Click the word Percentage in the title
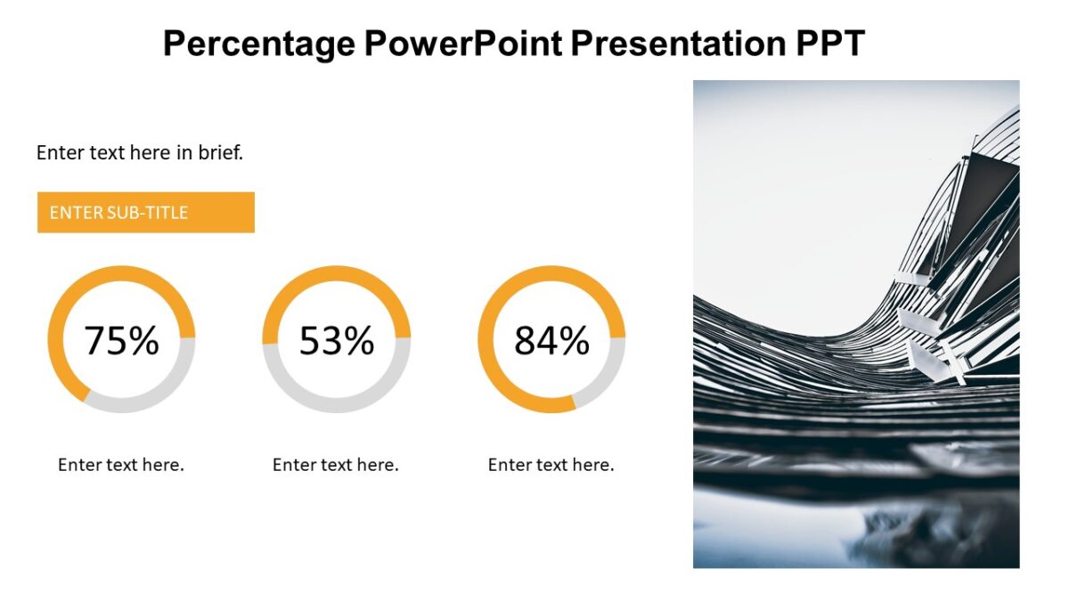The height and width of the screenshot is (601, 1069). tap(257, 43)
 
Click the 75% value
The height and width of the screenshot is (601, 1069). tap(121, 340)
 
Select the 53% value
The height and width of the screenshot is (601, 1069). tap(336, 340)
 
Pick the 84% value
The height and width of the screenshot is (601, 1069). tap(551, 340)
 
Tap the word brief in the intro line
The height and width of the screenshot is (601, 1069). tap(220, 152)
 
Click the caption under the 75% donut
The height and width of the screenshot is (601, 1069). tap(121, 465)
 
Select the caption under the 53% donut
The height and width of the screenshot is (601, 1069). tap(336, 465)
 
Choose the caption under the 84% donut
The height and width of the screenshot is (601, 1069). tap(551, 465)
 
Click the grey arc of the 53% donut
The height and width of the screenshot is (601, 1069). tap(336, 406)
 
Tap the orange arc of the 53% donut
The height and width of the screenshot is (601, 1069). tap(336, 272)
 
